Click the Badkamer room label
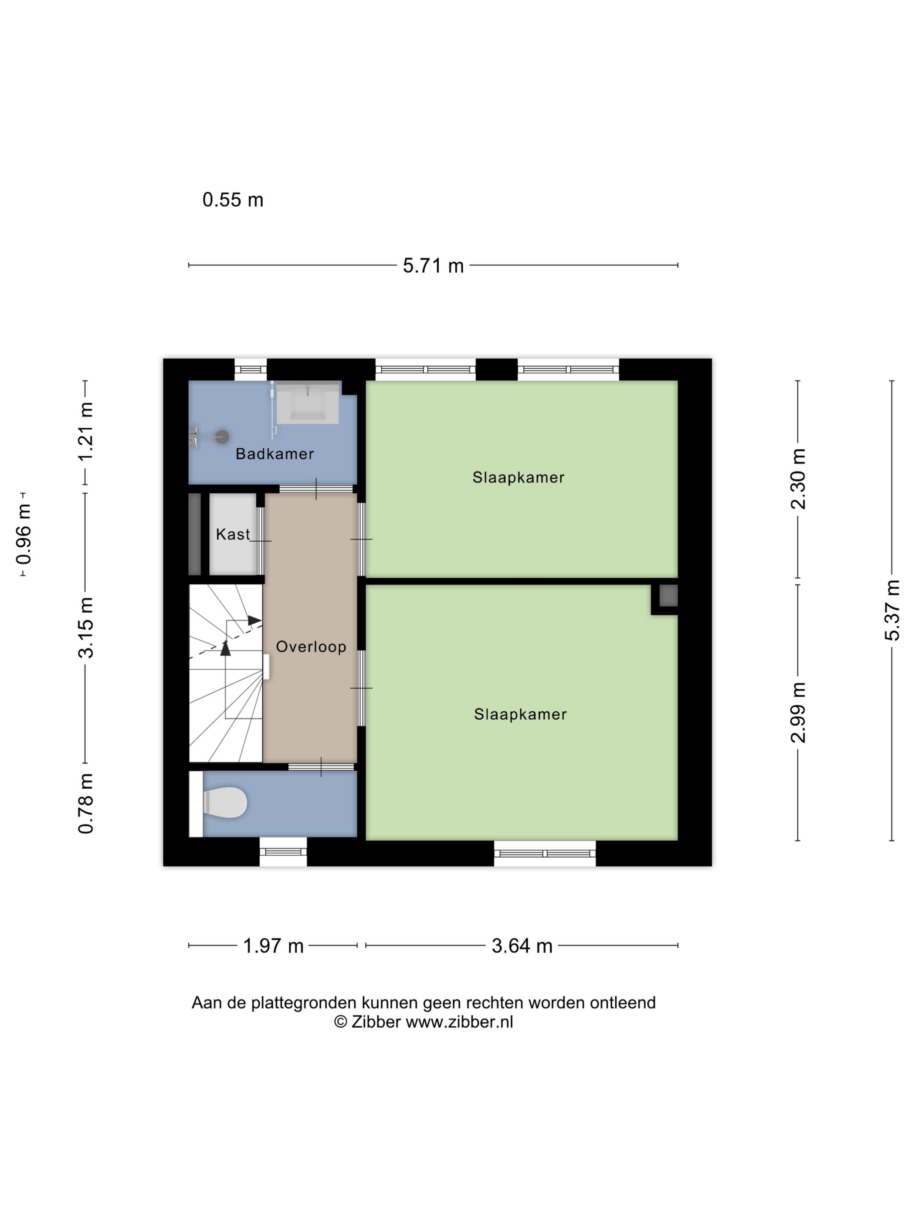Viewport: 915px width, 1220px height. [274, 454]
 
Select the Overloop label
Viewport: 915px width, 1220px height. [311, 647]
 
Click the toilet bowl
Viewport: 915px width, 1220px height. [224, 803]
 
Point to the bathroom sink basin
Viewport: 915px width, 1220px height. [307, 403]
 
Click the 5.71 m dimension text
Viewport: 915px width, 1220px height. [433, 265]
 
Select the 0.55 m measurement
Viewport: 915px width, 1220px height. [233, 200]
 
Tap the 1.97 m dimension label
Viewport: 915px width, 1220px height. [274, 945]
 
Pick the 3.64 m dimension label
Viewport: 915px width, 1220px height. [522, 945]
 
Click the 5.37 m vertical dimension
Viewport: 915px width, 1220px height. [892, 610]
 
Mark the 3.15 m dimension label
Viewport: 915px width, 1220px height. [85, 628]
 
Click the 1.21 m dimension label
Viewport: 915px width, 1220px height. [85, 432]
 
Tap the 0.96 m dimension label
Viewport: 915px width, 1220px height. [24, 534]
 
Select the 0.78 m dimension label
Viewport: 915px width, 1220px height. [85, 803]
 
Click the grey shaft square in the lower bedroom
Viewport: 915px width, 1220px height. [668, 596]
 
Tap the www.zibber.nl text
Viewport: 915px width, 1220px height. [459, 1022]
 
